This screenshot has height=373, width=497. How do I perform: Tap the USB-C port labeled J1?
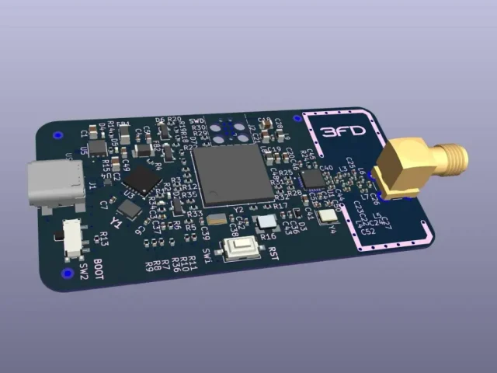click(x=56, y=186)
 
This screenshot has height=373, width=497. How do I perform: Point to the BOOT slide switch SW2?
click(x=74, y=238)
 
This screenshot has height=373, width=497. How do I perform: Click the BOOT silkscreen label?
click(x=99, y=269)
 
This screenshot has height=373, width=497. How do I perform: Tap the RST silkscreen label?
click(x=273, y=252)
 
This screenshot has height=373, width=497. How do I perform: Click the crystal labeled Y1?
click(x=129, y=209)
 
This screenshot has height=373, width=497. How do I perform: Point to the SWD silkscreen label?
click(x=196, y=121)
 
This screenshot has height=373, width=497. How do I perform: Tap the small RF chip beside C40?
click(x=313, y=178)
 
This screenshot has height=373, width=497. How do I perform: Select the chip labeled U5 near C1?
click(x=98, y=148)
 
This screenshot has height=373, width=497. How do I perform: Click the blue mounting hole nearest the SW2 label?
click(x=64, y=274)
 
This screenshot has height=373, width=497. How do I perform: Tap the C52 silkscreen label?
click(x=369, y=231)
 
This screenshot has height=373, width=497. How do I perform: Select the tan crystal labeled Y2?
click(x=217, y=220)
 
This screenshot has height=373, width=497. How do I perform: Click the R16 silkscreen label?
click(x=269, y=235)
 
